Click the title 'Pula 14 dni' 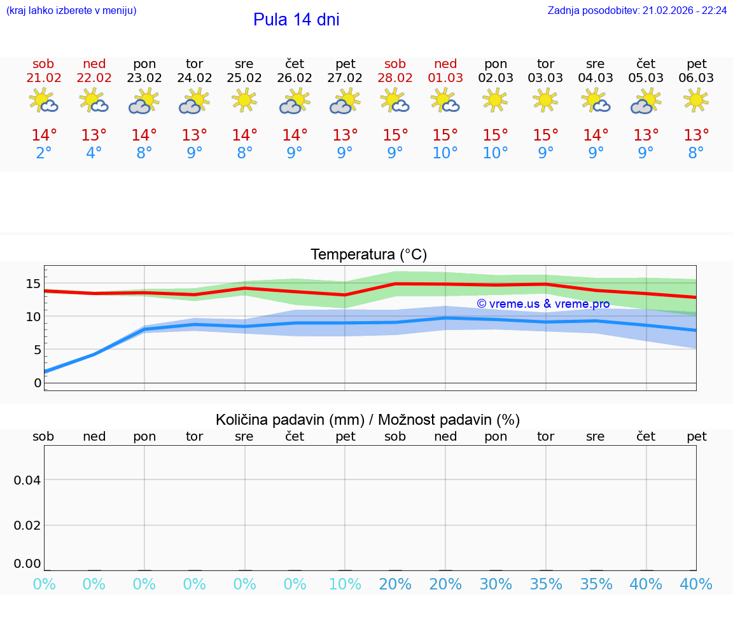pos(296,20)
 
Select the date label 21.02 pos(43,78)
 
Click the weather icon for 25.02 pos(244,100)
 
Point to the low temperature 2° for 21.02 pos(43,153)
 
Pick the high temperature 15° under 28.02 pos(395,135)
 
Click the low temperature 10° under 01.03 pos(445,153)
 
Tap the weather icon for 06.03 pos(696,100)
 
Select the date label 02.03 pos(496,78)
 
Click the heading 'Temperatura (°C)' pos(368,255)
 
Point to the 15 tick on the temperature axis pos(33,284)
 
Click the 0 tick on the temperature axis pos(38,383)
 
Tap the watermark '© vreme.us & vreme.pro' pos(543,304)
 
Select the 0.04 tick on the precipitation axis pos(27,480)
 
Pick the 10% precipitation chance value pos(345,584)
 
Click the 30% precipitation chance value pos(496,584)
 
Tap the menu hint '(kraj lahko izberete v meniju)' pos(71,11)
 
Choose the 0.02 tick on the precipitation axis pos(27,525)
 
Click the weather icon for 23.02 pos(144,100)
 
